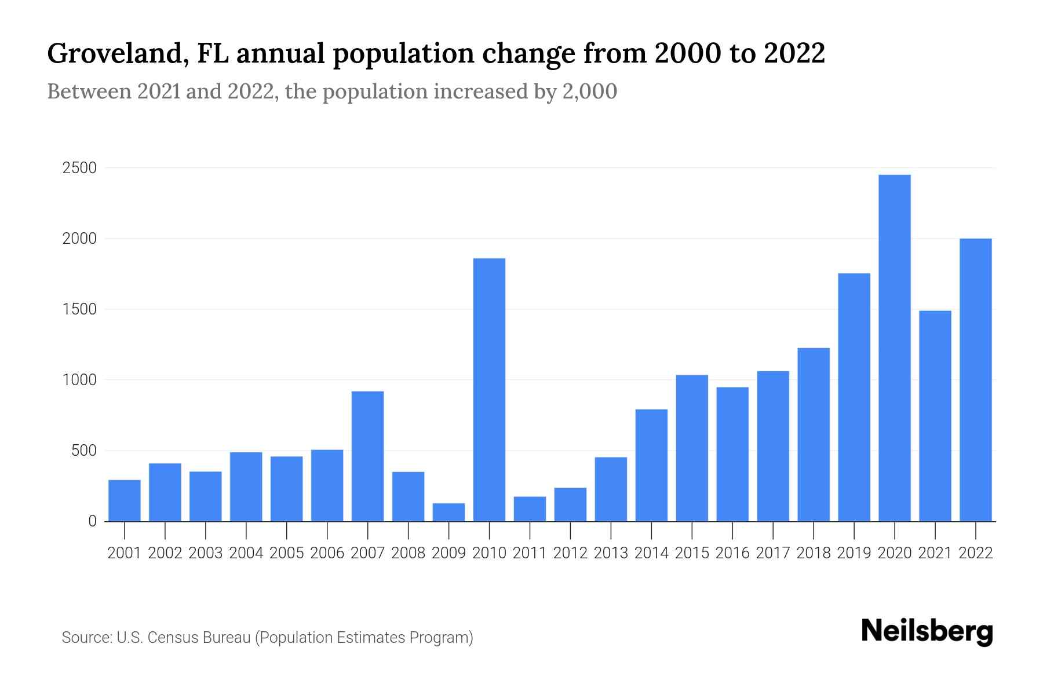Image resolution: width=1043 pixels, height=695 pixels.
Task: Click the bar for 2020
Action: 894,348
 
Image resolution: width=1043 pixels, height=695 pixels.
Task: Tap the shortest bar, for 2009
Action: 448,512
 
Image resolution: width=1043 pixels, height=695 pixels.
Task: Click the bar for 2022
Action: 975,379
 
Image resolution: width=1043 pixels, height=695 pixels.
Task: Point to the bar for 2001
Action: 125,500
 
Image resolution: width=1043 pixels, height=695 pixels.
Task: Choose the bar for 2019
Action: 854,397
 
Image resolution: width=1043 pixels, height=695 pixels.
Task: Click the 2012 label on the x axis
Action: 570,553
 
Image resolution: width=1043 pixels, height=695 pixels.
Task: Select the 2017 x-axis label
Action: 772,553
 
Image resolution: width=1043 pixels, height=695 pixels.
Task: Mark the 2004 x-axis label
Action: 246,553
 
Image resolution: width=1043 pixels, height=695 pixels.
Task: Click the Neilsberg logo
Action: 927,631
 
